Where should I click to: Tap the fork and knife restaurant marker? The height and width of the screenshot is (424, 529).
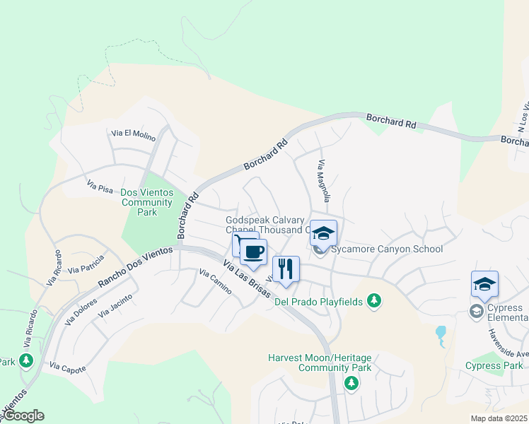pos(286,269)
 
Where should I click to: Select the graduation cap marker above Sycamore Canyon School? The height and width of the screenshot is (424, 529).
pos(323,234)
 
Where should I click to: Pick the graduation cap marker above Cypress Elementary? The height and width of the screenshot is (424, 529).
pos(484,285)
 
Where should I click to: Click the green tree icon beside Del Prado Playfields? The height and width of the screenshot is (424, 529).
pos(374,302)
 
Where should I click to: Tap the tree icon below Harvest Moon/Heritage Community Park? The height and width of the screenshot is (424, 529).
pos(351,382)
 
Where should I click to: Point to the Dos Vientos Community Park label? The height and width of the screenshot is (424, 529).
pos(146,202)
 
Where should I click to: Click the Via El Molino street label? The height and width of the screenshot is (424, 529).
pos(132,133)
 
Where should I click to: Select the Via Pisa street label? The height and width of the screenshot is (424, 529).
pos(100,186)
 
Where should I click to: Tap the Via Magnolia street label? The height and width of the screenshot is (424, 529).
pos(322,181)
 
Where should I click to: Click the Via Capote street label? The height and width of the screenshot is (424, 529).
pos(68,368)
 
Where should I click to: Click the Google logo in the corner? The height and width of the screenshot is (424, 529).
pos(23,416)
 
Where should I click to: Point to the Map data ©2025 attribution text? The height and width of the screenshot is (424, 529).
pos(499,418)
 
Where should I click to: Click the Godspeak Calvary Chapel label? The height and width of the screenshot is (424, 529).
pos(265,225)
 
